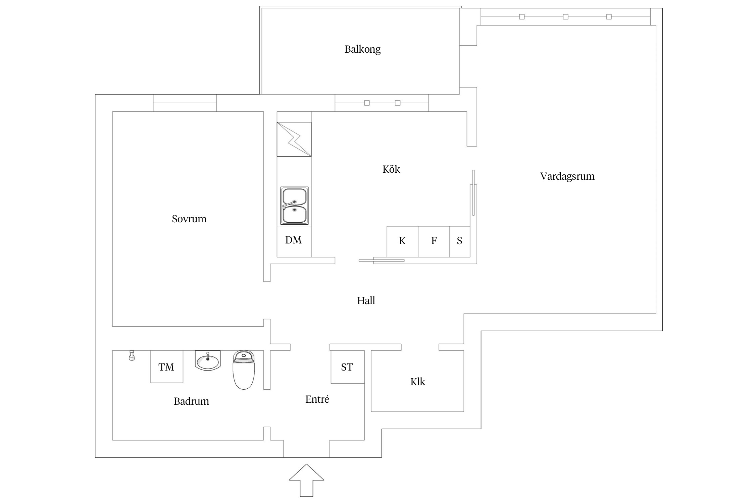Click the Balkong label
(x=362, y=49)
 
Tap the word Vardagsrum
(x=567, y=176)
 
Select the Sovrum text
(x=189, y=219)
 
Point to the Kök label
(x=391, y=169)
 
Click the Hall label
(x=366, y=300)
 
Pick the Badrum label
(x=191, y=401)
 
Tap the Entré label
(x=317, y=399)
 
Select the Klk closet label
(x=417, y=382)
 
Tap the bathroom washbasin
(x=208, y=361)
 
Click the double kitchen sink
(x=294, y=206)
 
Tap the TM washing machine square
(x=166, y=367)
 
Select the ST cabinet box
(x=347, y=367)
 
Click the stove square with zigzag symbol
(x=294, y=139)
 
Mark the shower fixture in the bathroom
(x=132, y=355)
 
